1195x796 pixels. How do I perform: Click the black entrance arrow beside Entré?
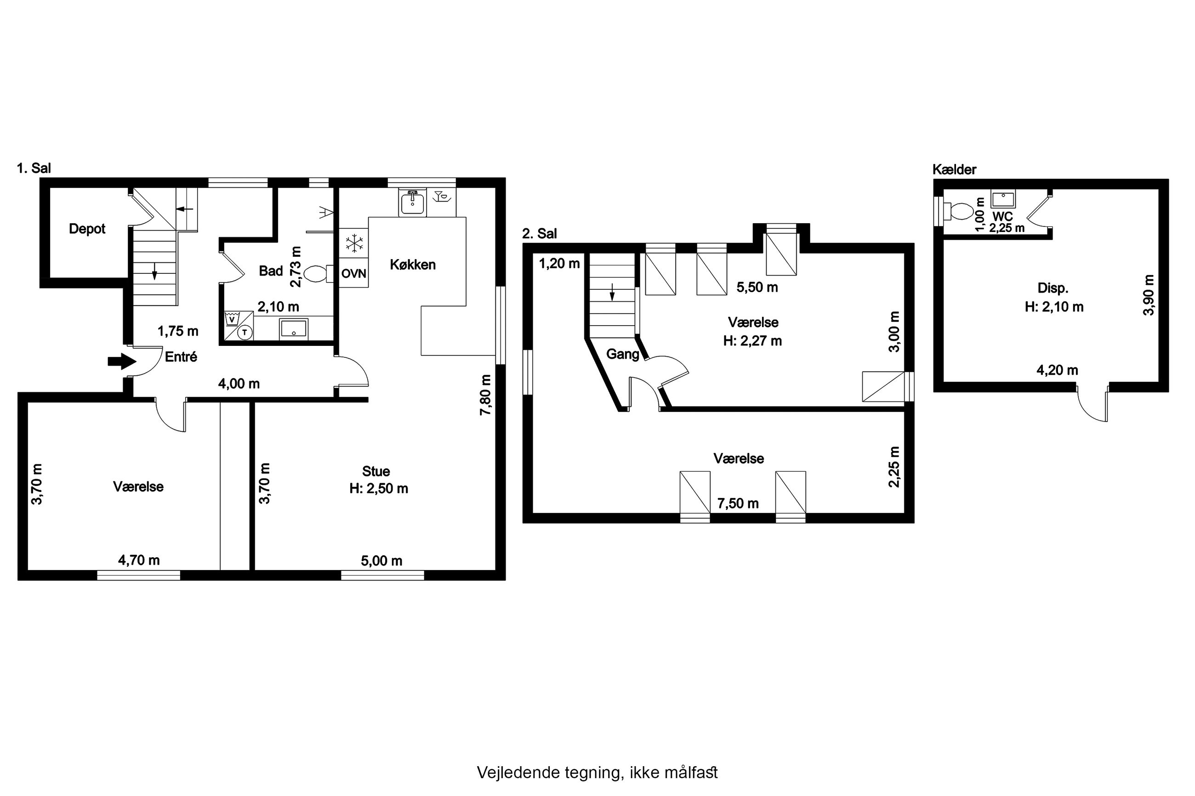coord(122,361)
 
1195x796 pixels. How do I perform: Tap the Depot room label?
coord(87,229)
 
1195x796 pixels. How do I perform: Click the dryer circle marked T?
coord(245,333)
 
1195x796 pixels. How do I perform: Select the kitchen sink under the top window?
coord(412,203)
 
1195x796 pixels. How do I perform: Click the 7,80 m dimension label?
coord(486,395)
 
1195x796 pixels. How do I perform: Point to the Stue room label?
coord(376,471)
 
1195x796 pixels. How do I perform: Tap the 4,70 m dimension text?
coord(139,560)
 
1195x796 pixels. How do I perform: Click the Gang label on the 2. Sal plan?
coord(623,354)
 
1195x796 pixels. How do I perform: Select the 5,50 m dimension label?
coord(757,288)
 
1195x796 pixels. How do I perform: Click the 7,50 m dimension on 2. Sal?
coord(738,503)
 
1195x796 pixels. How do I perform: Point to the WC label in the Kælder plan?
coord(1002,217)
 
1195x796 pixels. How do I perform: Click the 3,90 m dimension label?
coord(1149,295)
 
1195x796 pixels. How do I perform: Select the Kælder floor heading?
coord(954,169)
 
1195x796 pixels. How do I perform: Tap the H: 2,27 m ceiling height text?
coord(752,341)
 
